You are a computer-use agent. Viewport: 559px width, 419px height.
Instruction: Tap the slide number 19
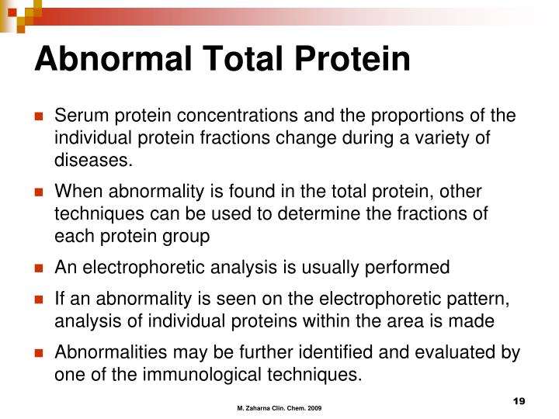coord(519,400)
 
